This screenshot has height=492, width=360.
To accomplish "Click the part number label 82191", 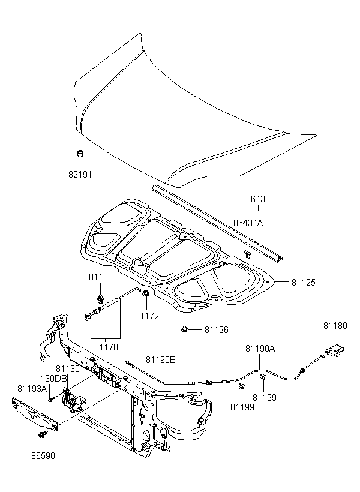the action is tap(80, 175).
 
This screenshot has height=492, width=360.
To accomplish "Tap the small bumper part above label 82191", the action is tap(80, 154).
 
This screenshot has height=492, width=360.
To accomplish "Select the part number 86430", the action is tap(257, 199).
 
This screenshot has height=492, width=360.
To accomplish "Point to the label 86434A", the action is tap(248, 223).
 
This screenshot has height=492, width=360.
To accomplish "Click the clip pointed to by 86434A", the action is tap(248, 254).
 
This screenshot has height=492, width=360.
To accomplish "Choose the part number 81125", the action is tap(304, 283).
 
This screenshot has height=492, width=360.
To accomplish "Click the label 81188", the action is tap(100, 277).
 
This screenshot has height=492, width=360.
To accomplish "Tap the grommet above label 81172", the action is tap(146, 294).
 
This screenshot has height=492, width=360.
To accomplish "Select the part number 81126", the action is tap(217, 330).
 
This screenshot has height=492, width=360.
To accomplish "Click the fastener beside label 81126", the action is tap(185, 329).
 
